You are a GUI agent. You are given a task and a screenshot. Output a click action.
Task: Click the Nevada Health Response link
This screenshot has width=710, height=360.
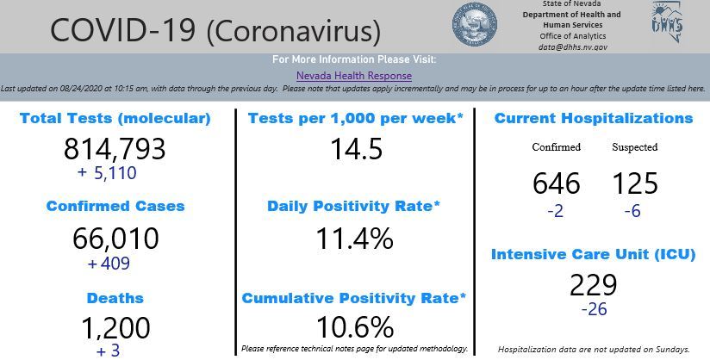[354, 76]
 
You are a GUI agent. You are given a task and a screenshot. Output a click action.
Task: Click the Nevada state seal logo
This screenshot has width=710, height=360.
[475, 25]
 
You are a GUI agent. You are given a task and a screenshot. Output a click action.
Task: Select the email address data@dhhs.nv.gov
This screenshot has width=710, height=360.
[573, 47]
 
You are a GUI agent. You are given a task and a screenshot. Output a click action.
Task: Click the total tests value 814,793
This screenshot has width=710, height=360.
[115, 149]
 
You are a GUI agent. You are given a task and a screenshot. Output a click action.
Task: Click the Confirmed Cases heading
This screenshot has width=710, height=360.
[115, 207]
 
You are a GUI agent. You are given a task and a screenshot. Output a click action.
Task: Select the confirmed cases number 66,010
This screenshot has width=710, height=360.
[115, 239]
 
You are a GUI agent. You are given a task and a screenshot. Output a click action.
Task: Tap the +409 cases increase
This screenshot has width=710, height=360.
[109, 264]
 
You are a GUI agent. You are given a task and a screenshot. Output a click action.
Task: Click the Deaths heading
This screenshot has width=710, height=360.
[115, 298]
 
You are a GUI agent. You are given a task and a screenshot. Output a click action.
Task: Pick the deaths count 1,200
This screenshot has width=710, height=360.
[115, 328]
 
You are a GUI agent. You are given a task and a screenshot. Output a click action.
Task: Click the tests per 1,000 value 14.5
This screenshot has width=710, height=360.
[356, 149]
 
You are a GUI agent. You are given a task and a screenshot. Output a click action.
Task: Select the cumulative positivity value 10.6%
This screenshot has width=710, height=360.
[354, 327]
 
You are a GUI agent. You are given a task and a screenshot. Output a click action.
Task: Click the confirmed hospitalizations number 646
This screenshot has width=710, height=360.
[556, 183]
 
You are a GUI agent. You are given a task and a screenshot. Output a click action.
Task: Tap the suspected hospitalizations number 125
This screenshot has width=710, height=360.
[634, 183]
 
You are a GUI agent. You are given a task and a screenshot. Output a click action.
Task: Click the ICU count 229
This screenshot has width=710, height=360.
[593, 285]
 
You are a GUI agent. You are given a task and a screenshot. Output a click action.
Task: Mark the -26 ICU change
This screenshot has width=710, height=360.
[594, 308]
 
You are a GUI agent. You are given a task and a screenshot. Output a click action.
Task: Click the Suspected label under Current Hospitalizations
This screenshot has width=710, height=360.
[634, 147]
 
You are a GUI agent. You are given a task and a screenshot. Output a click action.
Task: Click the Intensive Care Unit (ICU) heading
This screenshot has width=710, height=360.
[594, 254]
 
